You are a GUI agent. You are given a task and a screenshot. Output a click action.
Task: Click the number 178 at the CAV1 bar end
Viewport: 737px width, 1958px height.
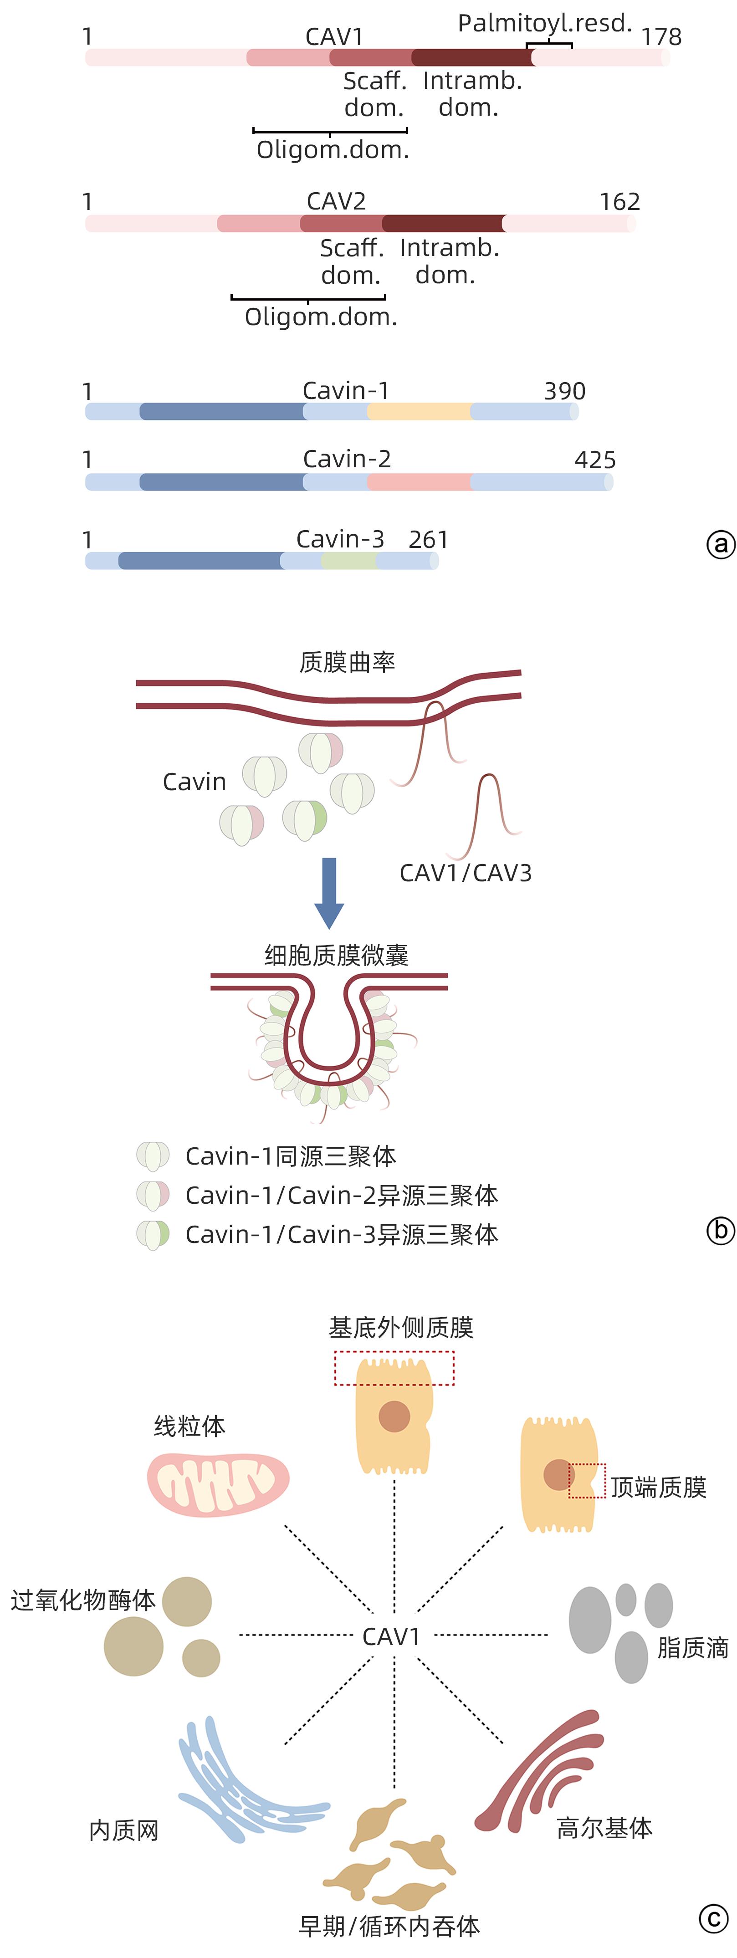[x=661, y=36]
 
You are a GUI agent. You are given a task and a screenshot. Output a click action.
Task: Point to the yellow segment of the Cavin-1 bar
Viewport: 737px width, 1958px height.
[x=419, y=412]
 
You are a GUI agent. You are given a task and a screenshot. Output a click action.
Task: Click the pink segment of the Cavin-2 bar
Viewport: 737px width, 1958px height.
[x=419, y=481]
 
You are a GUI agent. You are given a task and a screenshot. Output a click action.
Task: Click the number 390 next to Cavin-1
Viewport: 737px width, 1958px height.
[x=564, y=391]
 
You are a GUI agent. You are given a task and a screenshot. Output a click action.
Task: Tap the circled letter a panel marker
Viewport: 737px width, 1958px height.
[x=720, y=544]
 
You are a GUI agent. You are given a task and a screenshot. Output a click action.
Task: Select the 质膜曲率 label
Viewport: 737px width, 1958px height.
[x=347, y=662]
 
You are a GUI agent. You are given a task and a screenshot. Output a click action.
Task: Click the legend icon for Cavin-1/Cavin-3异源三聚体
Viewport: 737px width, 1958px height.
[x=153, y=1234]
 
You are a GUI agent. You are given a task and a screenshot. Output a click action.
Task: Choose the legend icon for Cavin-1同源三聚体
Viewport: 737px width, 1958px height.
[x=153, y=1156]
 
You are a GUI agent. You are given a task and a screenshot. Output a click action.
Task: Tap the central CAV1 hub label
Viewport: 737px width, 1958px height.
[x=391, y=1636]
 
